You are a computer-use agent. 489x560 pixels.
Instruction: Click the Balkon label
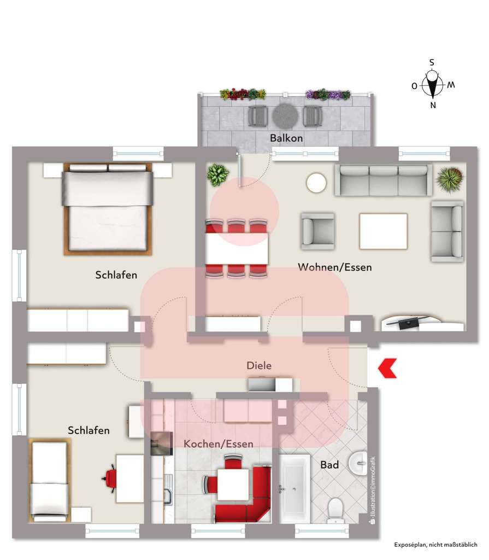point(286,138)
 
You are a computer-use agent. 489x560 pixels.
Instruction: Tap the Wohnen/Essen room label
point(334,267)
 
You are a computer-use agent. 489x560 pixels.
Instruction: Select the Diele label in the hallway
point(259,365)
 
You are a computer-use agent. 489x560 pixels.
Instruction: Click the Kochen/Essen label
point(219,444)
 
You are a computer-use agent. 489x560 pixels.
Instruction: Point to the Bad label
point(329,465)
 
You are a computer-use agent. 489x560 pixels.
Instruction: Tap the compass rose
point(433,85)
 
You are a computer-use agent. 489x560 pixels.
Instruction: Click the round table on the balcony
point(285,116)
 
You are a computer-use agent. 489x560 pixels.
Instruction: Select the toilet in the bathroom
point(335,508)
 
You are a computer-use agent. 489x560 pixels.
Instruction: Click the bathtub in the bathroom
point(295,488)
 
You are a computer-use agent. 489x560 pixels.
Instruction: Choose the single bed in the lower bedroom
point(49,480)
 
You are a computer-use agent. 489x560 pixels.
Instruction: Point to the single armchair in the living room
point(317,230)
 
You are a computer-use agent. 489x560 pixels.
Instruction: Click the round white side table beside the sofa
point(316,183)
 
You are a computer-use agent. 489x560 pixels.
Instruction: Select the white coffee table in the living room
point(383,231)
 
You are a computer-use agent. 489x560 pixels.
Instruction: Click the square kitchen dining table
point(233,485)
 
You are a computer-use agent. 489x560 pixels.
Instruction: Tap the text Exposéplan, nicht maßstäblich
point(436,545)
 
